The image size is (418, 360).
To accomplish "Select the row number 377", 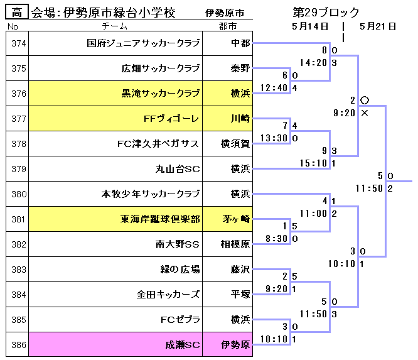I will (19, 119).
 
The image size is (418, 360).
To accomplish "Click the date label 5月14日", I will (310, 26).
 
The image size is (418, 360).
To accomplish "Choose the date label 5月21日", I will (378, 26).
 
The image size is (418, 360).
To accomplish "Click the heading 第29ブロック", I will (326, 13).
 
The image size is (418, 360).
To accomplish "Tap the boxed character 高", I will (16, 13).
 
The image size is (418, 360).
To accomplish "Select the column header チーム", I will (114, 26).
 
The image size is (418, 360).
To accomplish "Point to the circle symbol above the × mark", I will (364, 101).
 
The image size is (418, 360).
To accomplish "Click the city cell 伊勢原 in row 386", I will (236, 345).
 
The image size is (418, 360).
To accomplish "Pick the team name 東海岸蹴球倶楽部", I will (160, 219).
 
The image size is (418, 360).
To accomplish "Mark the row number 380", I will (19, 194).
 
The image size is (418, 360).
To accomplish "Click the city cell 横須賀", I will (235, 144).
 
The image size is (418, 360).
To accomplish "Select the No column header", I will (13, 26).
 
